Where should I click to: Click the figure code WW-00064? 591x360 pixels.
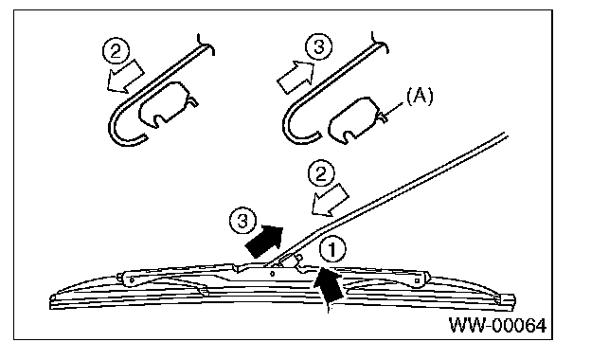point(497,325)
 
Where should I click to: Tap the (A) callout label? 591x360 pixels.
point(420,96)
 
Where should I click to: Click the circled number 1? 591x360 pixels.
point(332,249)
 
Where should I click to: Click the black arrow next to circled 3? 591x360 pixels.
point(264,241)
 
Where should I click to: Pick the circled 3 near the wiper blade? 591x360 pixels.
point(243,222)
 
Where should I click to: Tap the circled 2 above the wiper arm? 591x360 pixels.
point(321,174)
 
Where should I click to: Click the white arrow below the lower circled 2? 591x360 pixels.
point(330,201)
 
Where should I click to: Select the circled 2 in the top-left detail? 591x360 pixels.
point(116,51)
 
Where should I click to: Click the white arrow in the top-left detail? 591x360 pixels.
point(126,78)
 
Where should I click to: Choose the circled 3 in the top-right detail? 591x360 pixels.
point(318,47)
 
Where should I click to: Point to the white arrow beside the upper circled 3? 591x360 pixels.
point(295,77)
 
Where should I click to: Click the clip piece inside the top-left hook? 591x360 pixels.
point(166,103)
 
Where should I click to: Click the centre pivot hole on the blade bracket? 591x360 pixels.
point(273,274)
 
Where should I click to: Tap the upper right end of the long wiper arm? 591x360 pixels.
point(506,135)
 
